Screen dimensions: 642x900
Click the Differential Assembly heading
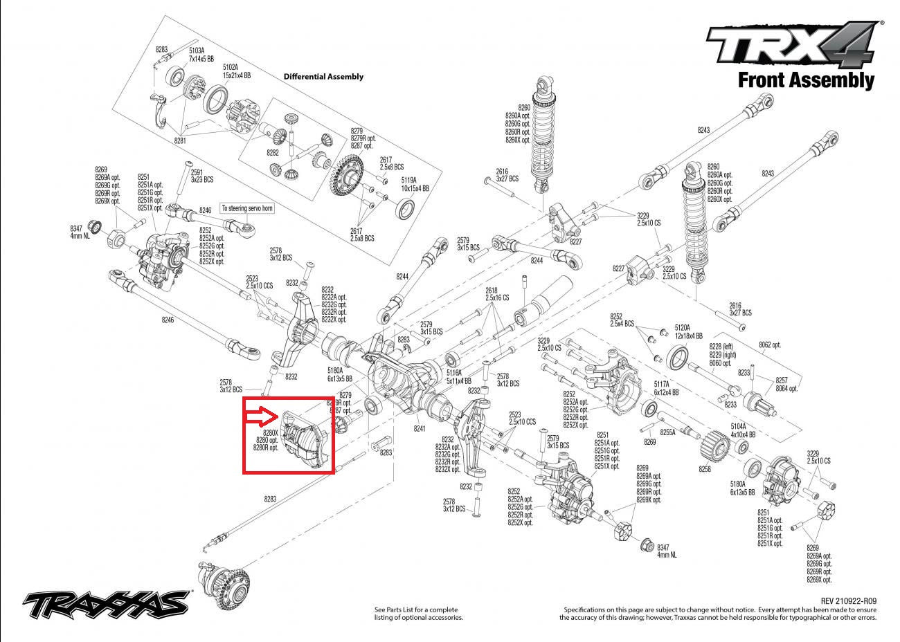(x=323, y=77)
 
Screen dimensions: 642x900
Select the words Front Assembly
(x=806, y=80)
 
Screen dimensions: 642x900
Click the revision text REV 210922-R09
(x=848, y=601)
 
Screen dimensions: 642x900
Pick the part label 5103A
(x=197, y=50)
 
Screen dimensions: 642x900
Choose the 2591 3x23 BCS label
(x=203, y=176)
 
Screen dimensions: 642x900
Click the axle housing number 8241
(x=420, y=429)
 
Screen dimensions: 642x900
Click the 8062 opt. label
(x=769, y=345)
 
